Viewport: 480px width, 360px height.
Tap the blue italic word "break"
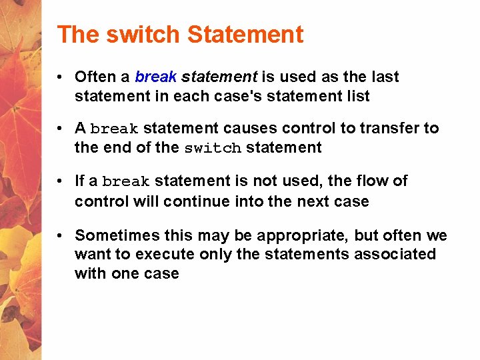tap(155, 77)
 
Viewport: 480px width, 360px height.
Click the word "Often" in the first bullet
tap(94, 77)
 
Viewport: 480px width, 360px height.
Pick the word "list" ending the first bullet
tap(357, 96)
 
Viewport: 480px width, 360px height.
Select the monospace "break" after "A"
tap(114, 129)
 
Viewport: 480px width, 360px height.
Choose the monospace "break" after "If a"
tap(127, 182)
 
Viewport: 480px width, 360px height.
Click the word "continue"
tap(201, 201)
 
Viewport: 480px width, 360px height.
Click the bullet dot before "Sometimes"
tap(60, 235)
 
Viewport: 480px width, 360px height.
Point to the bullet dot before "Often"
tap(60, 77)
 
